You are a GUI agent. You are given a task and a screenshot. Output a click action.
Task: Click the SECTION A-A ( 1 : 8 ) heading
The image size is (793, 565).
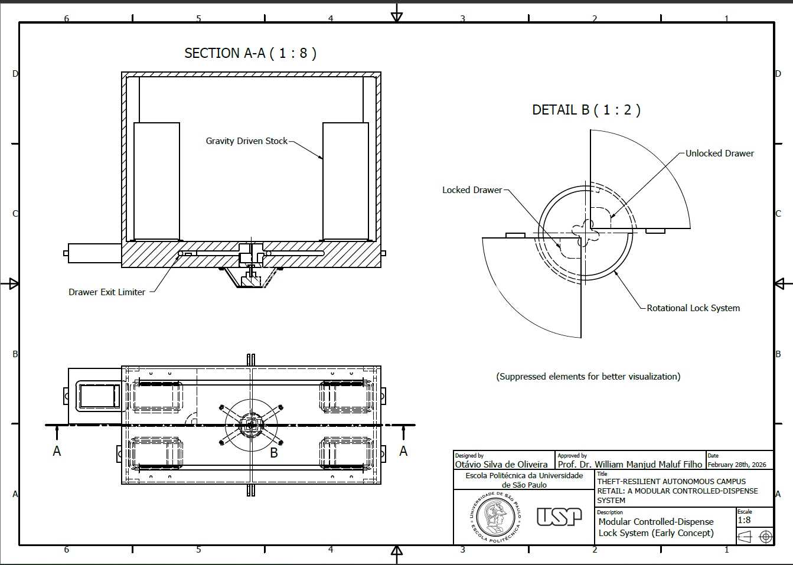(x=250, y=53)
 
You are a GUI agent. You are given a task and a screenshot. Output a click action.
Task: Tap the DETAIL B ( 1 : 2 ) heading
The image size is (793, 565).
(x=586, y=110)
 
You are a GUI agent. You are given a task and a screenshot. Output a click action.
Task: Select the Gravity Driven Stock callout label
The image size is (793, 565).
(x=246, y=141)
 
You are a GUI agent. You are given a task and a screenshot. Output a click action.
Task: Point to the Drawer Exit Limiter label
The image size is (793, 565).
(x=107, y=292)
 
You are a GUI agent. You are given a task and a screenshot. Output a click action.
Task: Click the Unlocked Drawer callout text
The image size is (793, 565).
(x=720, y=154)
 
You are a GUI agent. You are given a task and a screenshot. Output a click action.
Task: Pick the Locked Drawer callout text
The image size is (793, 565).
(x=472, y=190)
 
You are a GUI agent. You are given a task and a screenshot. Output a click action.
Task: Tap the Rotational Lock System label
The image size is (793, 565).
(x=693, y=308)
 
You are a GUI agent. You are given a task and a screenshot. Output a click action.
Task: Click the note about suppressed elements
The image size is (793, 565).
(x=588, y=376)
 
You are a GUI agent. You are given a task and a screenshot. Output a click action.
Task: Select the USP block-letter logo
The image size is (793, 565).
(x=559, y=517)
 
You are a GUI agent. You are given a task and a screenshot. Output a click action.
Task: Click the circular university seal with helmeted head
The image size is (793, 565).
(x=495, y=517)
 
